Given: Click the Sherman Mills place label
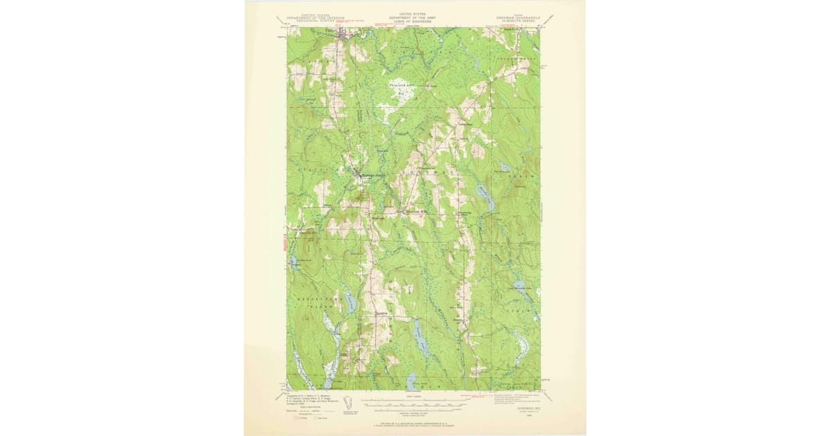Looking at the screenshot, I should point(417,212).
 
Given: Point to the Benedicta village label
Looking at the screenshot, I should point(379,311).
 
